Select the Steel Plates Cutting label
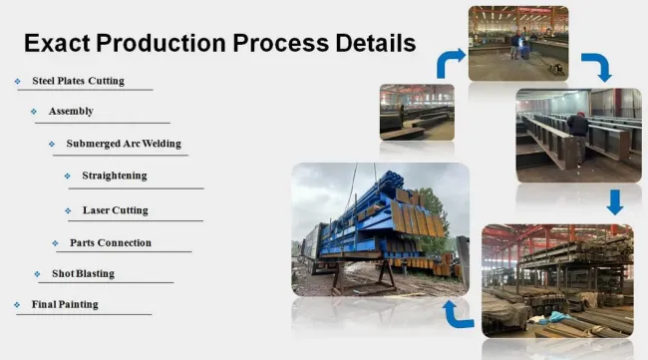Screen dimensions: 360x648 point(78,81)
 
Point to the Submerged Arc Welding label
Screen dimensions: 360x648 point(124,143)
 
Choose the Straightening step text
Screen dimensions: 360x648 point(114,176)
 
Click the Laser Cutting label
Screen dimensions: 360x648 point(115,210)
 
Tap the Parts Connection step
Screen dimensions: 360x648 point(111,242)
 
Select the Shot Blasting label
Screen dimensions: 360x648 point(83,273)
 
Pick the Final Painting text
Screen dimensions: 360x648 point(65,304)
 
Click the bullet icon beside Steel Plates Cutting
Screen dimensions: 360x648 point(17,81)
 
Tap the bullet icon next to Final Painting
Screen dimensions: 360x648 point(17,304)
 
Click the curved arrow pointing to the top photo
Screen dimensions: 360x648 point(450,61)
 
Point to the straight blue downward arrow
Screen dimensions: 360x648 point(614,202)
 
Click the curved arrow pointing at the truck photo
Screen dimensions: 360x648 point(457,314)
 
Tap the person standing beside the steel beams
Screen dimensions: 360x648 point(577,135)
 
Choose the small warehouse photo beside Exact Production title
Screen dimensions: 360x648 point(417,111)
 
